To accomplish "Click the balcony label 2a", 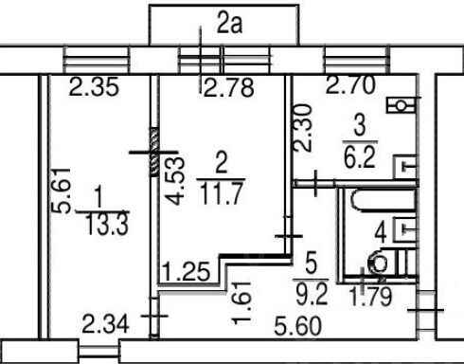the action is (229, 25).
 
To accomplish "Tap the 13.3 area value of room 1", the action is (107, 224).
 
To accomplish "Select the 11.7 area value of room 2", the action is (222, 193).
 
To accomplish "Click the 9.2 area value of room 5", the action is (312, 293).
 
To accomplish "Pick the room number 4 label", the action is (381, 233).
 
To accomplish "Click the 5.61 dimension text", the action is (61, 191).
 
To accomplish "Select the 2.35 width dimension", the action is (94, 87).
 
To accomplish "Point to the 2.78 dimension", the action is (229, 87).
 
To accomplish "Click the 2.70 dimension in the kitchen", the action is (350, 84).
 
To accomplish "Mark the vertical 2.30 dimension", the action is (302, 128).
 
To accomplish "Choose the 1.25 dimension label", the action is (186, 271).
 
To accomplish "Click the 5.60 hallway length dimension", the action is (298, 326).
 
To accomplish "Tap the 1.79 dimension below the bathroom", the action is (371, 297).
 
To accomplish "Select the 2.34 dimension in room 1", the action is (105, 324).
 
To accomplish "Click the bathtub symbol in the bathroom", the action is (383, 200).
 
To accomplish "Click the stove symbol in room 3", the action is (401, 105).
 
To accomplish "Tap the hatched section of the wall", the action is (154, 152).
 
